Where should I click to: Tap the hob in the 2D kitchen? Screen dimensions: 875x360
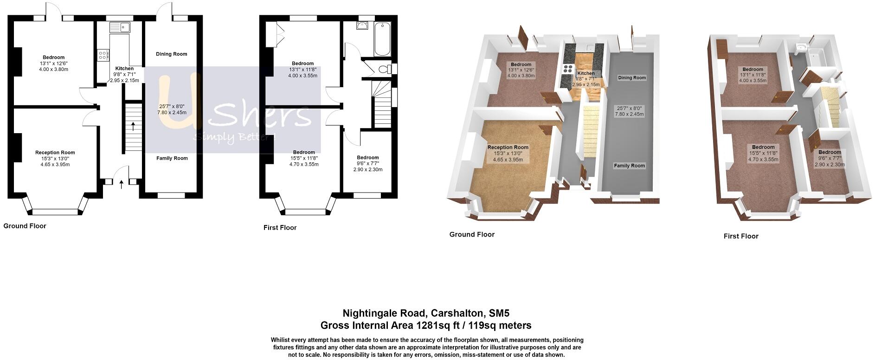[103, 55]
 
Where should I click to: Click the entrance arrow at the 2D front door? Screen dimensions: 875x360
[122, 184]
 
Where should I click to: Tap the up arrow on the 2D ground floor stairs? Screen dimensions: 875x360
[133, 126]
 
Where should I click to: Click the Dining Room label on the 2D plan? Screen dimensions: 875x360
[172, 54]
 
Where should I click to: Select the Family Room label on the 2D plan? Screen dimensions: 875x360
[172, 158]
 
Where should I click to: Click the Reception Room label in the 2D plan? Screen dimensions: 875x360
[55, 153]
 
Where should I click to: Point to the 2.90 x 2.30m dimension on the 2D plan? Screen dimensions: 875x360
[368, 170]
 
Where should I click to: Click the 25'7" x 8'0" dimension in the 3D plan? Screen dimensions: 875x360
[630, 108]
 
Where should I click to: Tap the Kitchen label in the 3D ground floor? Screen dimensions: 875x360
[586, 73]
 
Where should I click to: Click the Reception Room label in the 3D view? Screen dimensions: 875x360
[508, 148]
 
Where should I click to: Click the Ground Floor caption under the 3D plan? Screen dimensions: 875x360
[472, 235]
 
